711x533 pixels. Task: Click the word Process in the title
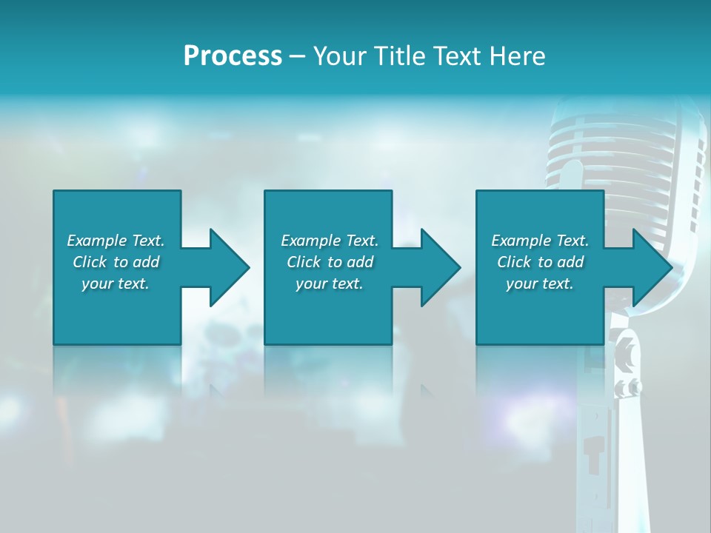(233, 56)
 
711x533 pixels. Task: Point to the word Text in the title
(457, 56)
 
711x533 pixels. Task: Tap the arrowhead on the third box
(651, 267)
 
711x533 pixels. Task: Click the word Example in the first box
(96, 241)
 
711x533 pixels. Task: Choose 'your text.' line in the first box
(116, 284)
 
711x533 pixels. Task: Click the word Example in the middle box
(310, 241)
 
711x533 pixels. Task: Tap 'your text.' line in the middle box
(329, 284)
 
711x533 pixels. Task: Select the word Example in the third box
(521, 241)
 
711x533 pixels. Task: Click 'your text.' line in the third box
(540, 284)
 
